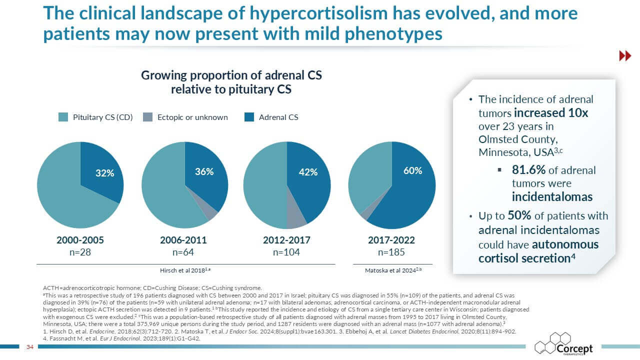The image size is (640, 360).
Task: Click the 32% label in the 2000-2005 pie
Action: click(105, 173)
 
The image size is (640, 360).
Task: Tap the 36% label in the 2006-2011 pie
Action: click(204, 171)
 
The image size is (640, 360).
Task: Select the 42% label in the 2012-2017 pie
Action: click(308, 172)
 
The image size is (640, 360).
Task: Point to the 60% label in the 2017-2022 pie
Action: click(412, 171)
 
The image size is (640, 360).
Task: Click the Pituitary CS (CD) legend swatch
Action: click(63, 117)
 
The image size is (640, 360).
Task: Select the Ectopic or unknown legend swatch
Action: click(147, 117)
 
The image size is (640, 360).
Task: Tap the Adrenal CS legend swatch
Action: click(249, 117)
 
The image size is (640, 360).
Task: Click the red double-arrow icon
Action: click(625, 55)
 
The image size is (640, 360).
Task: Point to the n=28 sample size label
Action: click(80, 252)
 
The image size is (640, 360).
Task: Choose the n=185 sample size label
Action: click(391, 252)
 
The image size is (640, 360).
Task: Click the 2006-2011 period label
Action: click(183, 240)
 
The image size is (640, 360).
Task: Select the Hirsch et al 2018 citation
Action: click(185, 270)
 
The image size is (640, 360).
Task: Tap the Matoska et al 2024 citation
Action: click(393, 270)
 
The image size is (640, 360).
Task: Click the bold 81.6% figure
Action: click(528, 170)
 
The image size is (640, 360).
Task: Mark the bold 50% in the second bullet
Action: click(519, 215)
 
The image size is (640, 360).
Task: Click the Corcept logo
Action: click(563, 344)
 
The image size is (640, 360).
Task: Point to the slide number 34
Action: click(30, 347)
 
